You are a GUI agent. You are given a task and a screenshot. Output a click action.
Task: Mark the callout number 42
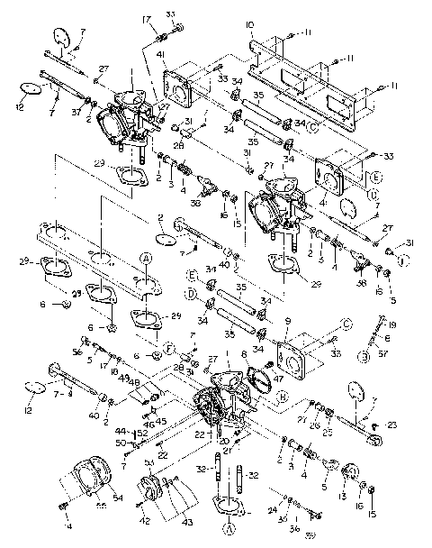(x=145, y=521)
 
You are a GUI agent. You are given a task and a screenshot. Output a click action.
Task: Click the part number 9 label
(x=286, y=319)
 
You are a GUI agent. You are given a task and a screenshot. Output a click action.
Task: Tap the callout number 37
(x=78, y=112)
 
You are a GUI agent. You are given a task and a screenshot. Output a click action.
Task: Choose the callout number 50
(x=120, y=443)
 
